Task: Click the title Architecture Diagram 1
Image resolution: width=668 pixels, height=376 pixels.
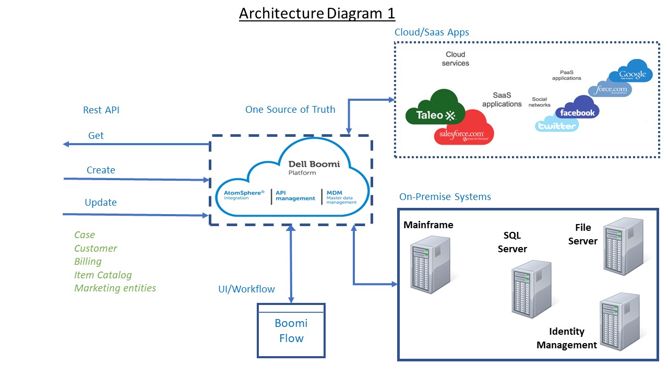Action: pos(317,13)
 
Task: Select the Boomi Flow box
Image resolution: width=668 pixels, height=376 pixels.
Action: pos(291,331)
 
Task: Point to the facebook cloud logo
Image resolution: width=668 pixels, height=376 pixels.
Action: pos(577,109)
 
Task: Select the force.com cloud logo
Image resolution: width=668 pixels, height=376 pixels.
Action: pos(610,89)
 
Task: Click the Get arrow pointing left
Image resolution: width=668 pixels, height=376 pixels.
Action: pos(136,144)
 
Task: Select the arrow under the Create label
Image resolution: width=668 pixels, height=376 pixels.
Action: pos(136,179)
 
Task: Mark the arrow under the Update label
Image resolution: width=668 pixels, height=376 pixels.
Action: pos(136,215)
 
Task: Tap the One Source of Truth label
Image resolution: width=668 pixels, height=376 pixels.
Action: pos(290,110)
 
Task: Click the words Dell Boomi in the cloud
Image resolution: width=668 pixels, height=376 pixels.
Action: pos(314,164)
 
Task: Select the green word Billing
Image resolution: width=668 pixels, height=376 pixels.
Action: pos(88,261)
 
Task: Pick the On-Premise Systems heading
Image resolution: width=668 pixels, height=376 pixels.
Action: pos(445,197)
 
